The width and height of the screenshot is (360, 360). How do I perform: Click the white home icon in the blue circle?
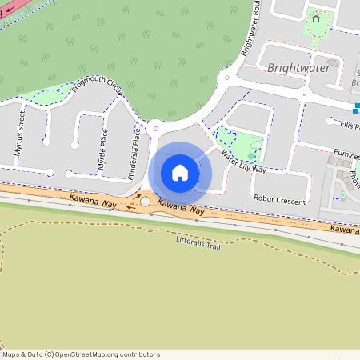pyautogui.click(x=180, y=173)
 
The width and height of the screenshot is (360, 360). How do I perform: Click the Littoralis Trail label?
pyautogui.click(x=198, y=242)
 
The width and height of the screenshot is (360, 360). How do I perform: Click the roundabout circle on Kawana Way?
pyautogui.click(x=145, y=202)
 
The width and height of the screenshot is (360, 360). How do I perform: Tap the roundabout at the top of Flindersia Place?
pyautogui.click(x=155, y=128)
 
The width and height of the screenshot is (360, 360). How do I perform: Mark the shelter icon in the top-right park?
pyautogui.click(x=316, y=18)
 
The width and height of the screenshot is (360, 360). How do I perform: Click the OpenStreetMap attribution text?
pyautogui.click(x=81, y=354)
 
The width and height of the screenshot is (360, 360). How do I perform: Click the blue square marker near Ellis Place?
pyautogui.click(x=357, y=108)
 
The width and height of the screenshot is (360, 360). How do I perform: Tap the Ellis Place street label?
pyautogui.click(x=349, y=126)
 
